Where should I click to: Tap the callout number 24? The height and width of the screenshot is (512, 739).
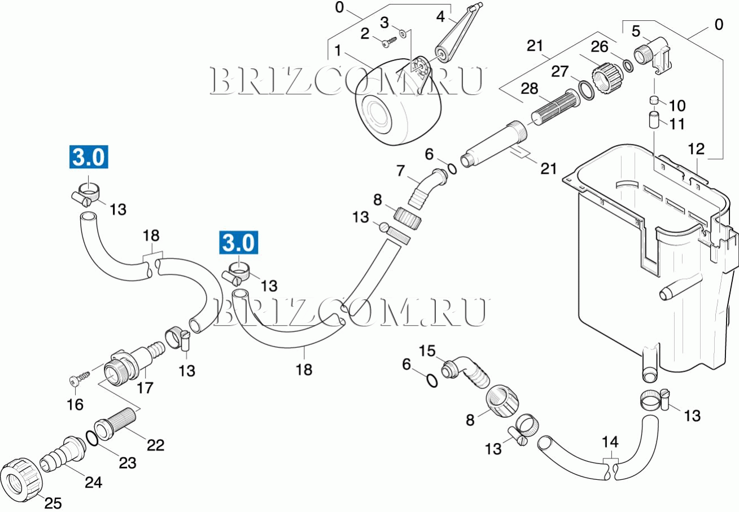point(94,483)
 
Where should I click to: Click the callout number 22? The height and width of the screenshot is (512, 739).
point(155,445)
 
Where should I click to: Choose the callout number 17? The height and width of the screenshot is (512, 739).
point(145,388)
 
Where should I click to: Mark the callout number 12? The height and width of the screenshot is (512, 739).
point(696,150)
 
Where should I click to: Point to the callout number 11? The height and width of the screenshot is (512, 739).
point(677,124)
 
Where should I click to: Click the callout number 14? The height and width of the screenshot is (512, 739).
point(610,441)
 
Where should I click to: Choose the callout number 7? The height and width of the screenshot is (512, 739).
point(401,170)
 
